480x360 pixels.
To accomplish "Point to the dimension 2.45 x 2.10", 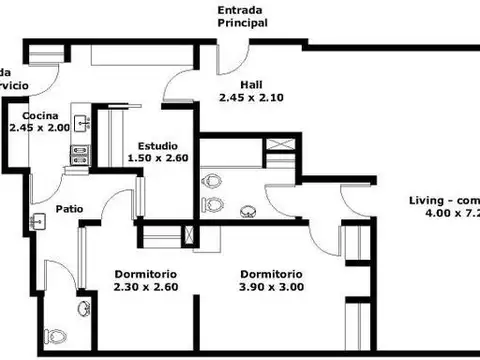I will pos(252,97).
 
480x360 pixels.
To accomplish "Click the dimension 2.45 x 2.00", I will pos(41,128).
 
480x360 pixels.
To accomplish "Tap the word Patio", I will pos(70,209).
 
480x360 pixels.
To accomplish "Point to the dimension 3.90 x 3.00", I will pos(271,287).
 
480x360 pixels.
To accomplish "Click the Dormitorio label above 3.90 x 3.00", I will pos(271,274).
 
